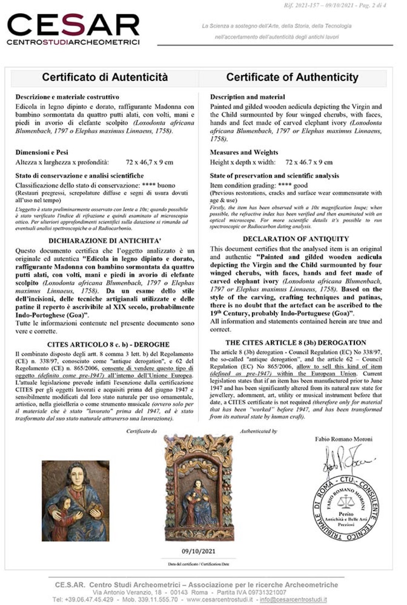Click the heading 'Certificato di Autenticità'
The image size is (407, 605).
(x=105, y=77)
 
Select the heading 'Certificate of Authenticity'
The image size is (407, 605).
(x=292, y=77)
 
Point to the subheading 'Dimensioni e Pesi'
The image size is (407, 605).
(x=42, y=152)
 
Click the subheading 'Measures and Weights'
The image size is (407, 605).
(x=244, y=152)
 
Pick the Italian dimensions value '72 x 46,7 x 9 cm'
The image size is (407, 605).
(x=149, y=162)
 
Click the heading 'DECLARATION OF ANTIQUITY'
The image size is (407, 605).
(x=296, y=239)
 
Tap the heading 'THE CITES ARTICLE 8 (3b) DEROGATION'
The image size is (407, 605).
(x=296, y=343)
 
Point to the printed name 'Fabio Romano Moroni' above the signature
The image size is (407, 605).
(x=344, y=439)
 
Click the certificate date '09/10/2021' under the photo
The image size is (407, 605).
(x=198, y=551)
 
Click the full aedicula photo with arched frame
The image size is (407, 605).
(x=199, y=488)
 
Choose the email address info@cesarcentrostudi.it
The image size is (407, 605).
(x=293, y=599)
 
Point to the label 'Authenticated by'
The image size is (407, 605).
(x=258, y=431)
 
